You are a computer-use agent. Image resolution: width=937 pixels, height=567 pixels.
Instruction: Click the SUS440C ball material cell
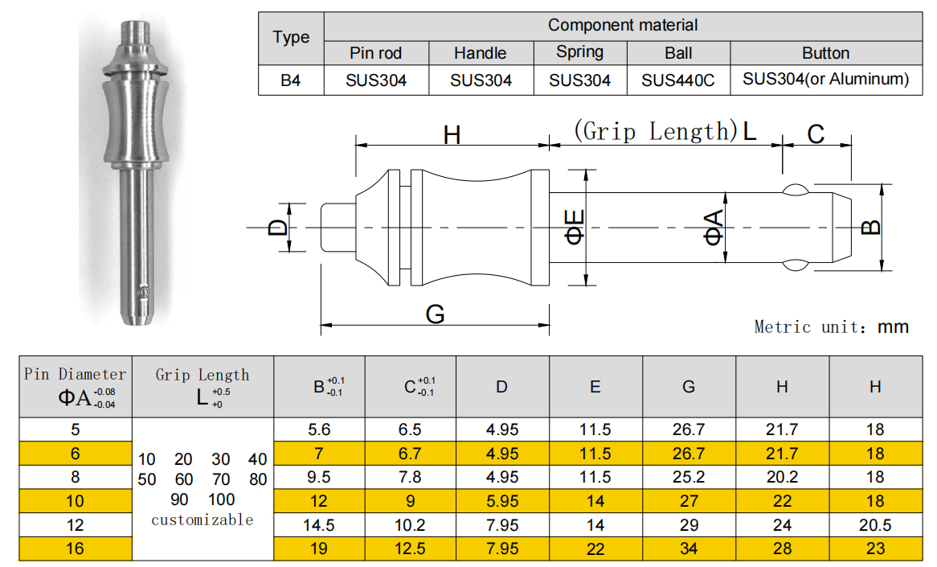(678, 80)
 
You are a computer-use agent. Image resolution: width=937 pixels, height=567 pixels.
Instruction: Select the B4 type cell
(291, 80)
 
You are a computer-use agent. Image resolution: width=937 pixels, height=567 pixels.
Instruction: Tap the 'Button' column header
(825, 53)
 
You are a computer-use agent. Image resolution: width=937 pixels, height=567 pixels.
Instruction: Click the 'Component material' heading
(623, 25)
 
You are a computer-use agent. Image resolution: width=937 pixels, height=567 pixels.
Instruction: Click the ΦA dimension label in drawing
(714, 227)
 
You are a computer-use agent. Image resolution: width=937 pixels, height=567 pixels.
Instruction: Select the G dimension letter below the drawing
(435, 314)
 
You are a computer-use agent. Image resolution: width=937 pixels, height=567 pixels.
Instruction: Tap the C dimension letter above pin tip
(816, 134)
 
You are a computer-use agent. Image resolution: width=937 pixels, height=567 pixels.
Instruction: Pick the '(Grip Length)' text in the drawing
(655, 131)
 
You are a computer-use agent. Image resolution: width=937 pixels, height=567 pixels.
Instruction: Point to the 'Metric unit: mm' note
(831, 327)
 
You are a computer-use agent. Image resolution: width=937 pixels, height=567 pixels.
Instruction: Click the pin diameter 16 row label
(76, 549)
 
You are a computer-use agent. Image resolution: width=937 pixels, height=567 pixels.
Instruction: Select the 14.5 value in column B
(320, 525)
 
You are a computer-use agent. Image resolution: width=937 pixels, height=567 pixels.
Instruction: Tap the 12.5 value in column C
(410, 549)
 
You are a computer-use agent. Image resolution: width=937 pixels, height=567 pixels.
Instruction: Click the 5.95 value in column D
(502, 501)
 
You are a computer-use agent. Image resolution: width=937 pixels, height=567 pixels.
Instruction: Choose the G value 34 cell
(689, 549)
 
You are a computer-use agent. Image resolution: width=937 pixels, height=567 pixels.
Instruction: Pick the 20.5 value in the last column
(875, 525)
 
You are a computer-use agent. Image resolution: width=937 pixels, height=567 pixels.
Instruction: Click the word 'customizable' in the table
(202, 520)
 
